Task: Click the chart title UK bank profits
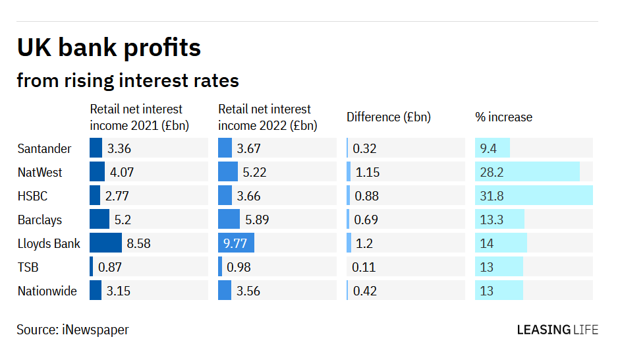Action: click(109, 48)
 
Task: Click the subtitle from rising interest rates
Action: click(127, 80)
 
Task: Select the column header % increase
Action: click(503, 117)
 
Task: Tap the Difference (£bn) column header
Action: click(388, 117)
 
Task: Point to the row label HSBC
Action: click(32, 196)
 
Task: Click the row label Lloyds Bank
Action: click(49, 243)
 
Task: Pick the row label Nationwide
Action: click(47, 291)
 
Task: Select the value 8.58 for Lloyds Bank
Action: click(138, 243)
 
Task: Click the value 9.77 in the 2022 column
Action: click(235, 243)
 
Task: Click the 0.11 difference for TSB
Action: click(364, 267)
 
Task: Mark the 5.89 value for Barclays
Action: click(257, 220)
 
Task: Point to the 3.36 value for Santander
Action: click(119, 148)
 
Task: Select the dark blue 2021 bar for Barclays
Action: click(99, 220)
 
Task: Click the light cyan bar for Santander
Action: click(493, 148)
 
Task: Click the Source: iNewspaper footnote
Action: click(72, 330)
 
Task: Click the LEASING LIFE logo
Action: click(557, 330)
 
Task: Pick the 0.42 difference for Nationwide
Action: click(364, 291)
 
